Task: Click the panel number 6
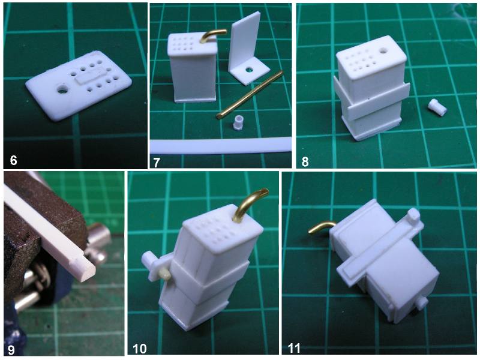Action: pos(13,160)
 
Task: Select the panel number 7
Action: pos(156,162)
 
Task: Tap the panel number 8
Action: pos(305,161)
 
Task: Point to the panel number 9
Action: pos(11,350)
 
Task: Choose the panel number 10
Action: pos(140,349)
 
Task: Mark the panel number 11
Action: pos(294,349)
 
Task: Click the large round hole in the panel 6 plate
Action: pos(63,89)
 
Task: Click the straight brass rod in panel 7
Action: pos(250,94)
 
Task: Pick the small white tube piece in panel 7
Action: pos(238,123)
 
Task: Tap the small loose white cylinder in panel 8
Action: pos(437,107)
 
